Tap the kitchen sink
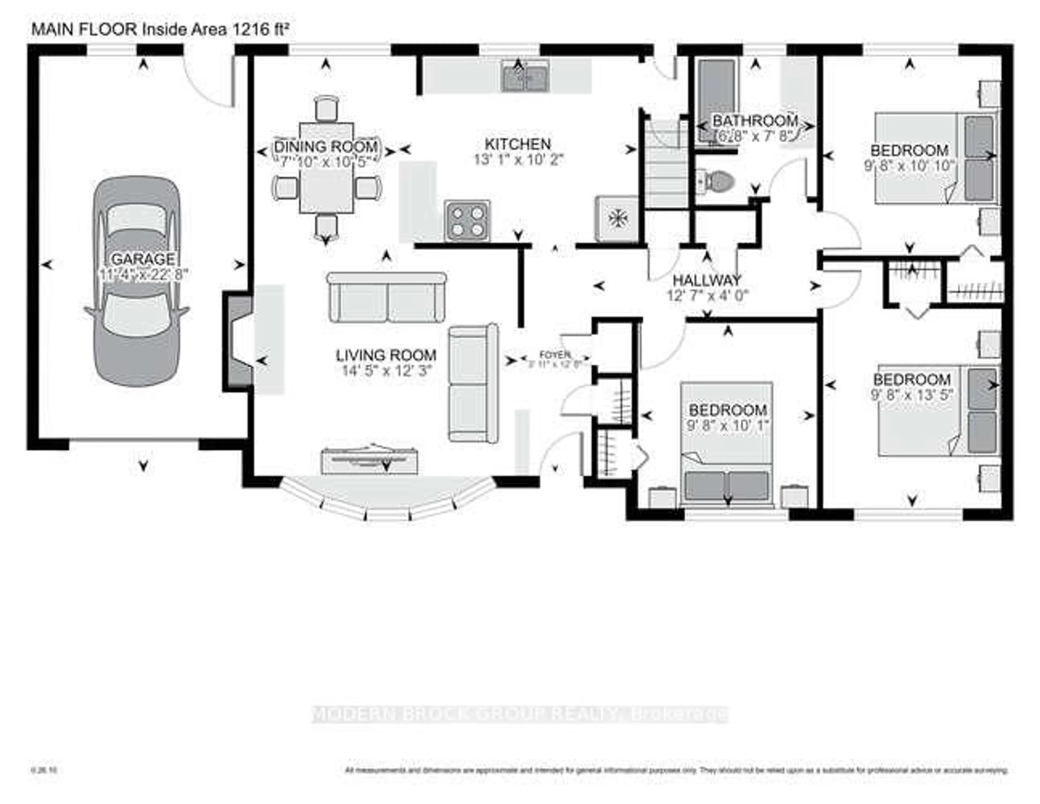(525, 78)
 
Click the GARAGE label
(143, 259)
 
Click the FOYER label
(555, 355)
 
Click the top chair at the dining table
(327, 108)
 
